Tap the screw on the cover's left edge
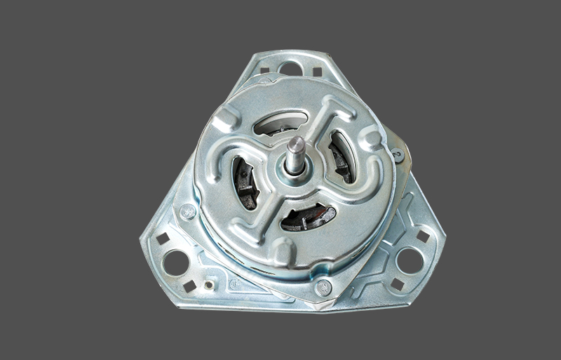point(187,211)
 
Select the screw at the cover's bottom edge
point(323,286)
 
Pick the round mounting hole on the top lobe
point(290,69)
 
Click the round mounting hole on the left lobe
point(175,262)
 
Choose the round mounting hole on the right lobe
point(409,260)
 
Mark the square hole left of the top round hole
point(264,70)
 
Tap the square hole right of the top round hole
point(317,72)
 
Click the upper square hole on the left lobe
point(162,238)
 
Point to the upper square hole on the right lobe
point(422,237)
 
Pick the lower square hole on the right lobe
point(397,284)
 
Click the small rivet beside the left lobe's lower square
point(208,286)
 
